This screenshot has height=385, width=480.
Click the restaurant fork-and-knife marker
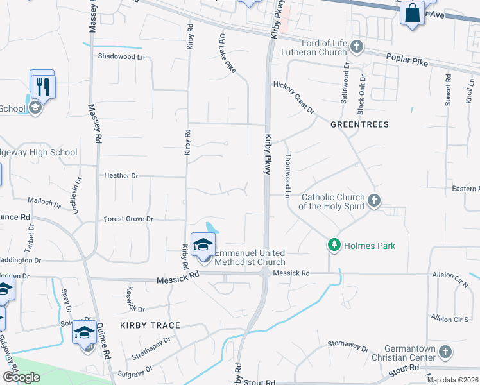point(43,87)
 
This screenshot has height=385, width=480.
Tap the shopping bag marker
point(412,13)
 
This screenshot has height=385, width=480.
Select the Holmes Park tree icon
point(334,244)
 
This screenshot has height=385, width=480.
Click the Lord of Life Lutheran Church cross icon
point(357,47)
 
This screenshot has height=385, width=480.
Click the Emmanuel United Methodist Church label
point(249,257)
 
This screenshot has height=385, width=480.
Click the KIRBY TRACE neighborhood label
point(151,325)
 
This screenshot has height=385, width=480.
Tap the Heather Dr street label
point(121,175)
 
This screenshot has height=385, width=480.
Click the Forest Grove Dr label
point(129,219)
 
